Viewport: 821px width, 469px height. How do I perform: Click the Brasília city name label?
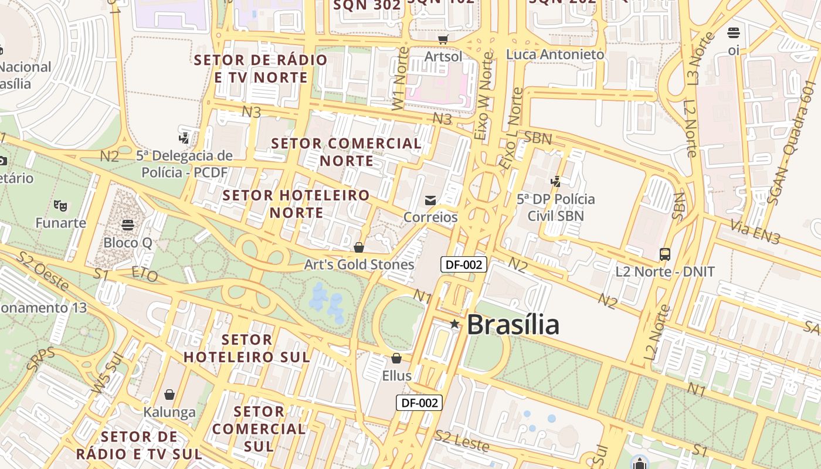point(513,324)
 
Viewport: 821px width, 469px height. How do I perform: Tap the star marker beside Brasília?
point(454,324)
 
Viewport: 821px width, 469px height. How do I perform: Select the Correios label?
point(430,217)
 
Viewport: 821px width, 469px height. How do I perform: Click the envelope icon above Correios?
point(430,200)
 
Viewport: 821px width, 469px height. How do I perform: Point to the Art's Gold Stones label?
point(359,264)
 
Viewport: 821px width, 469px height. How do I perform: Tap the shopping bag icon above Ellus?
point(396,358)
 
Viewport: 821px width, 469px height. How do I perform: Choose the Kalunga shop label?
point(169,412)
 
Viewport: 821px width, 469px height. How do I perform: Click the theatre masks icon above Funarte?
point(60,206)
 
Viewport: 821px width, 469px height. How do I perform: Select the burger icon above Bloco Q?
point(128,225)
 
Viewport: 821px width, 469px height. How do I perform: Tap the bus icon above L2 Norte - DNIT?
point(665,254)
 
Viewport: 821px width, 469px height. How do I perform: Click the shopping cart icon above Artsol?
point(443,39)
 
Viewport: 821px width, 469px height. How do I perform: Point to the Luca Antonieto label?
point(555,55)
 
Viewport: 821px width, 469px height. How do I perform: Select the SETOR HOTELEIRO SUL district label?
point(246,348)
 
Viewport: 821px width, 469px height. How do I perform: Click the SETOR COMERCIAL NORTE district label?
point(346,152)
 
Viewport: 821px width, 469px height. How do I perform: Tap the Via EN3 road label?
point(755,232)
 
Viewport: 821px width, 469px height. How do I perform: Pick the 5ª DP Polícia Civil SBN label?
point(555,207)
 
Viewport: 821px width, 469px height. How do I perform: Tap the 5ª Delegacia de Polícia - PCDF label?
point(184,164)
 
